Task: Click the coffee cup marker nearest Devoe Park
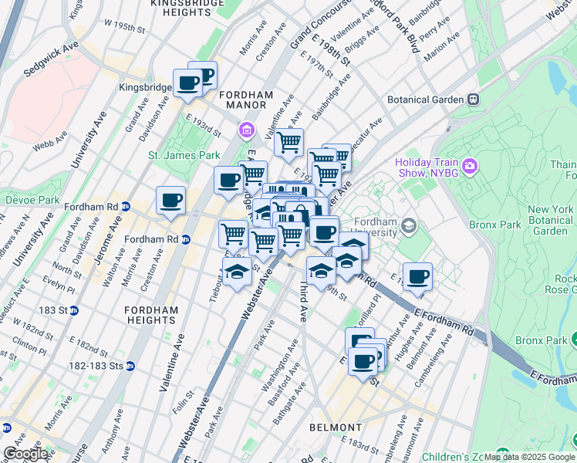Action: click(x=170, y=200)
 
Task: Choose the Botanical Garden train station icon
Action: click(x=473, y=100)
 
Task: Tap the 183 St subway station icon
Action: click(x=74, y=311)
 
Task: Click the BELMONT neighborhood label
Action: click(x=336, y=428)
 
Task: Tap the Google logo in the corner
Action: click(x=25, y=454)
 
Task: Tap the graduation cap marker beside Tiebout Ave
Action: click(x=237, y=272)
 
